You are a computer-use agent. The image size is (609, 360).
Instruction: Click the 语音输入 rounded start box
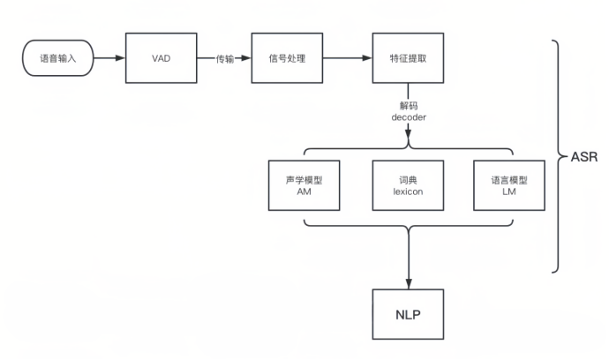(56, 59)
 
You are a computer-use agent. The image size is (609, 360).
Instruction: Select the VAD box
(161, 59)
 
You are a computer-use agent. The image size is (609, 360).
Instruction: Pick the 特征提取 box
(407, 59)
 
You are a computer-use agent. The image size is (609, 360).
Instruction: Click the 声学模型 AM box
(304, 185)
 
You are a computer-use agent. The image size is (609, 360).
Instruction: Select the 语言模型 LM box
(509, 185)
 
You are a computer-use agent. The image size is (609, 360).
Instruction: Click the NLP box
(407, 313)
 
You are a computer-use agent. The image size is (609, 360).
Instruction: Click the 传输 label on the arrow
(225, 59)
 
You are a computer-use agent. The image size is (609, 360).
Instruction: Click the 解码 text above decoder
(408, 104)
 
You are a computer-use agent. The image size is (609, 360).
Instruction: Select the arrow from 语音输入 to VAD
(109, 59)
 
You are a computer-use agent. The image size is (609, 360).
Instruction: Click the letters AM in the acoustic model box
(304, 192)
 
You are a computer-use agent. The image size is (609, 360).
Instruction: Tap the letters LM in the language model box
(509, 192)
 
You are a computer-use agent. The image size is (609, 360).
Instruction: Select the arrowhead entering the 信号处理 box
(246, 59)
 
